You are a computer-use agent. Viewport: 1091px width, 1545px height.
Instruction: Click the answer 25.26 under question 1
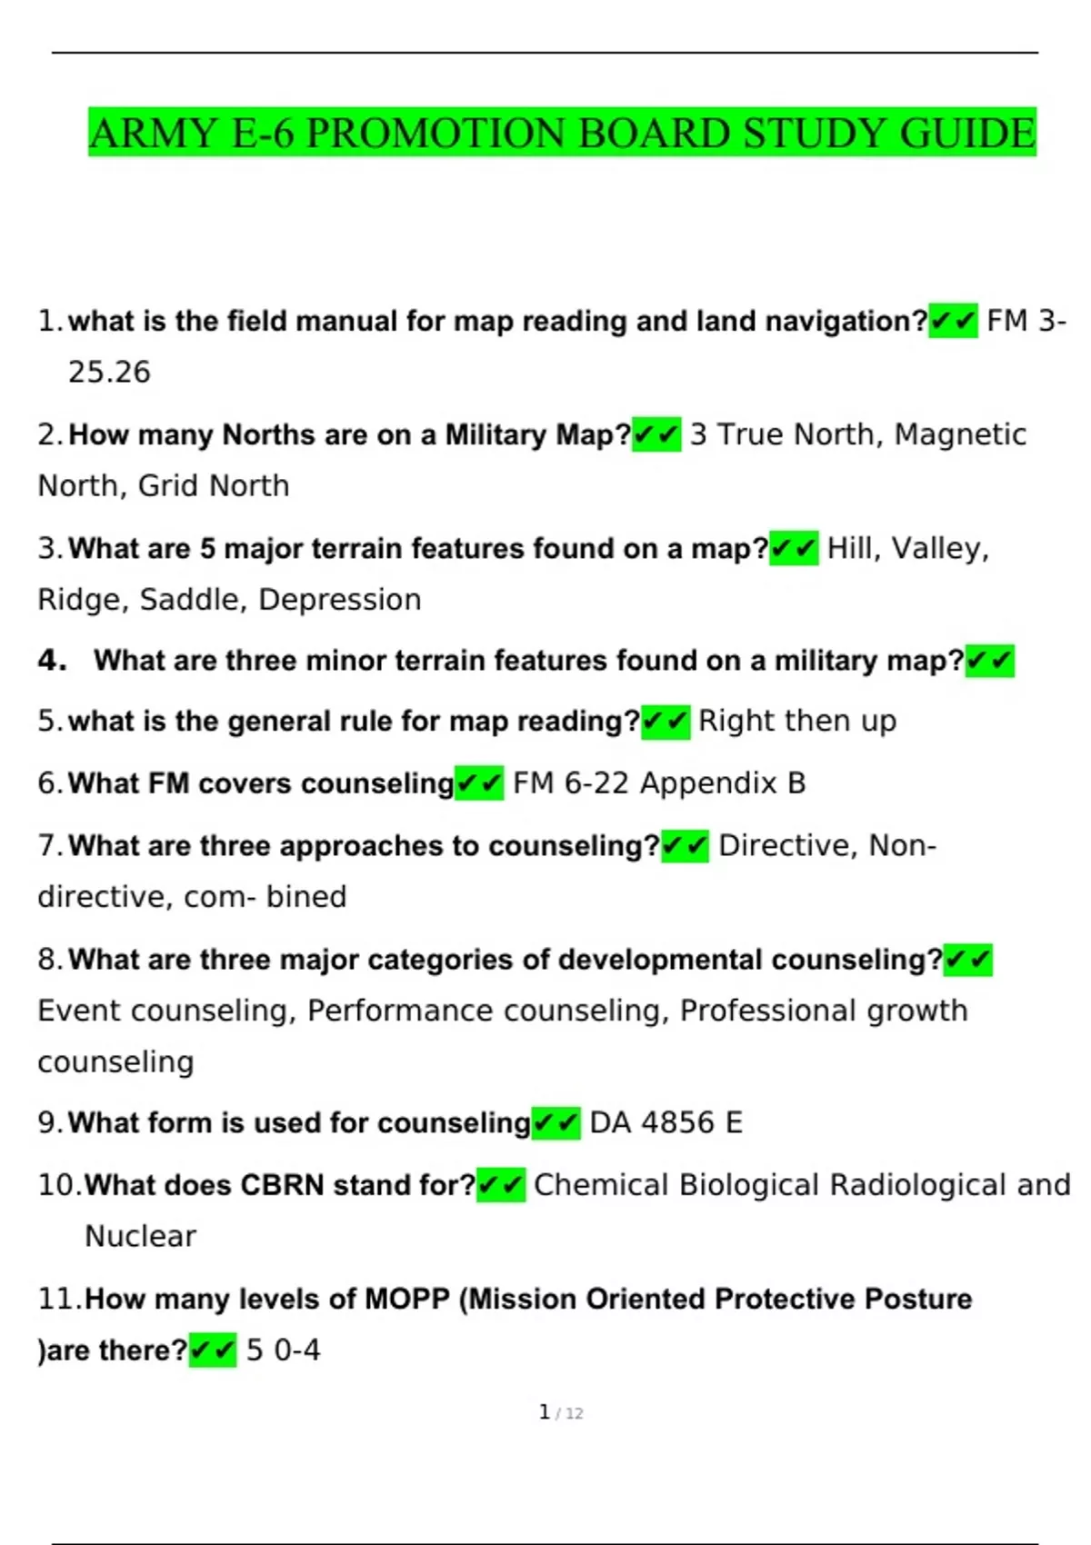pos(109,373)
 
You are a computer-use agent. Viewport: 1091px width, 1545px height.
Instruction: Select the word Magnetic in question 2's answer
pos(960,434)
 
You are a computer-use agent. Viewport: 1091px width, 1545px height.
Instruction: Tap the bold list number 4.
pos(52,660)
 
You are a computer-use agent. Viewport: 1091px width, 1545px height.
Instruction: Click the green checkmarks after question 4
pos(989,661)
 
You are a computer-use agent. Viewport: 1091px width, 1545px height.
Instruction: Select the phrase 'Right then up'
pos(796,721)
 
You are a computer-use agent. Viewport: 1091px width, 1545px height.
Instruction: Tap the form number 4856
pos(677,1123)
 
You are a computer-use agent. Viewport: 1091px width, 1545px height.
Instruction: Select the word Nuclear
pos(140,1237)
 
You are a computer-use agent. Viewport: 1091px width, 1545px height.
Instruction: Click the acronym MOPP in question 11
pos(406,1299)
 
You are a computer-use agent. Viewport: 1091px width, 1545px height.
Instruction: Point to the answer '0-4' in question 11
pos(297,1351)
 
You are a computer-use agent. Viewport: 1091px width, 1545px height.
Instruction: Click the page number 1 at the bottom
pos(544,1412)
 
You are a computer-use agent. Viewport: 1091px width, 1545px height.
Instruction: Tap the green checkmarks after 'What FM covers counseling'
pos(479,783)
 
